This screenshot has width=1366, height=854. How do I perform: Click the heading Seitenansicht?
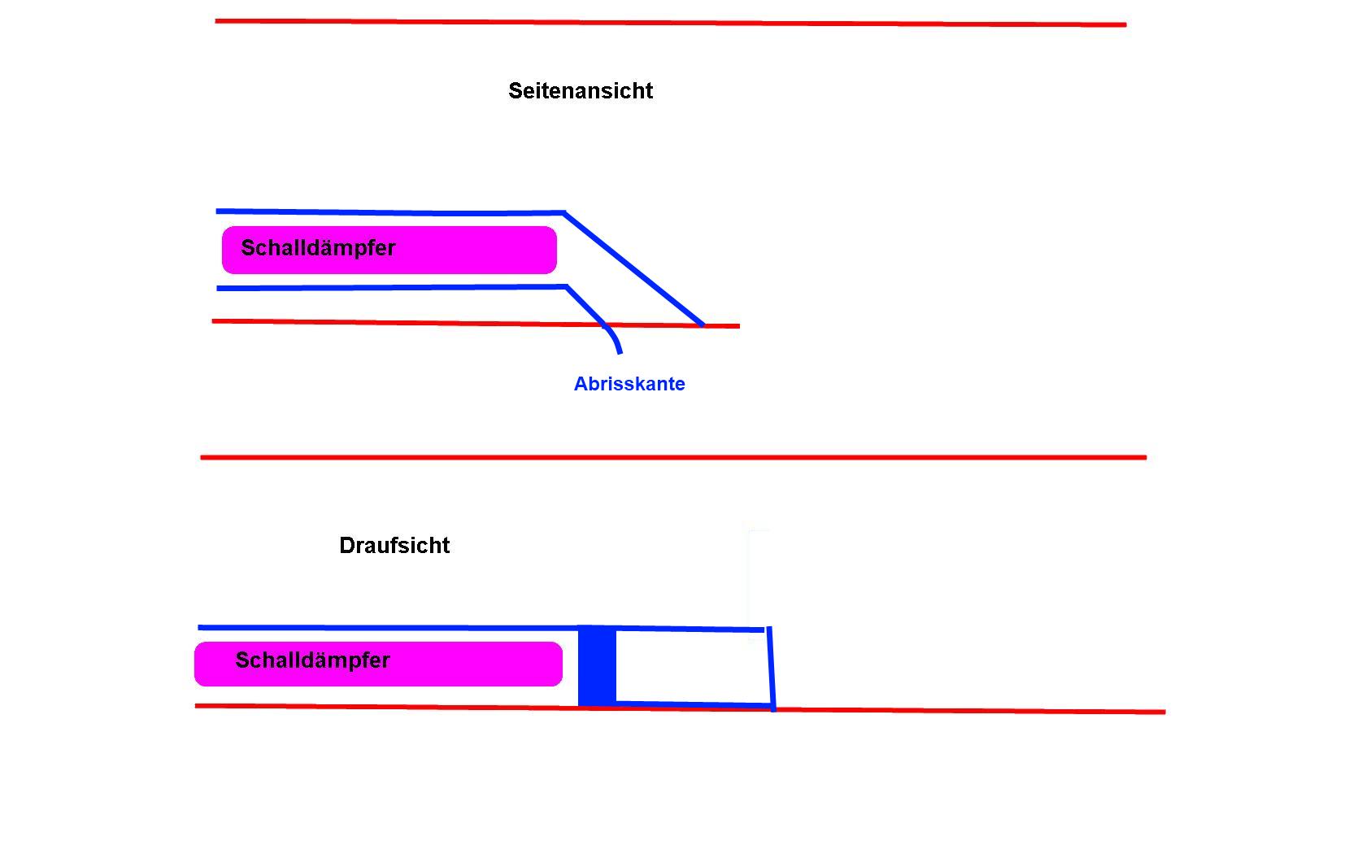point(580,90)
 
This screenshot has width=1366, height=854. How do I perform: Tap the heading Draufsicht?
point(394,545)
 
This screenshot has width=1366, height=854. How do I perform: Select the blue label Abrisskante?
point(629,384)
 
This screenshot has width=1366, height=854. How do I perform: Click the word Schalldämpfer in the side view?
point(318,248)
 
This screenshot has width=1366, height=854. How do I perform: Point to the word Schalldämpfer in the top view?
point(312,660)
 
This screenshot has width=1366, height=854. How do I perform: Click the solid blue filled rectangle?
point(597,666)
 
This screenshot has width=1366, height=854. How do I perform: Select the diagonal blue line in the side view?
point(634,269)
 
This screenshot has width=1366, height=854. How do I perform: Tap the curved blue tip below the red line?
point(616,342)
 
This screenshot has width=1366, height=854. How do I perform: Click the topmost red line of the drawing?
point(670,23)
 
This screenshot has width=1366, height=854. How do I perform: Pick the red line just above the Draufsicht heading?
point(673,458)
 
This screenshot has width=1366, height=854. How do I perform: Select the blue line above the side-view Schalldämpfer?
point(390,212)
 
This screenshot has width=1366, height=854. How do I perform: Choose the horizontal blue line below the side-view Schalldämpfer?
point(390,288)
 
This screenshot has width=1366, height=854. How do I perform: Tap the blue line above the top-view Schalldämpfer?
point(387,628)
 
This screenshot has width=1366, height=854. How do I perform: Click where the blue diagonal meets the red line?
point(703,325)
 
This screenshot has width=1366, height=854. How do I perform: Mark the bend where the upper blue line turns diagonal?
point(564,213)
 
